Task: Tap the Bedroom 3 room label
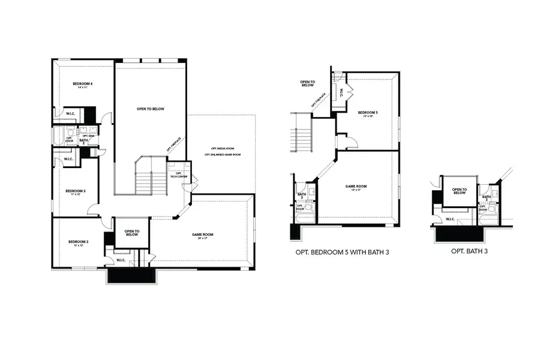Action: (76, 191)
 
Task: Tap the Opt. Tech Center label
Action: (179, 175)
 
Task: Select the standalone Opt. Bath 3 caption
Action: (469, 251)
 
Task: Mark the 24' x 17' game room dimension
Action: (202, 238)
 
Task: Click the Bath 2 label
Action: (83, 140)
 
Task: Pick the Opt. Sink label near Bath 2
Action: (89, 136)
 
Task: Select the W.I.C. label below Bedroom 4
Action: (70, 113)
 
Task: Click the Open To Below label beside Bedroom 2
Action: (132, 232)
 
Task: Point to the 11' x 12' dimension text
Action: (76, 195)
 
